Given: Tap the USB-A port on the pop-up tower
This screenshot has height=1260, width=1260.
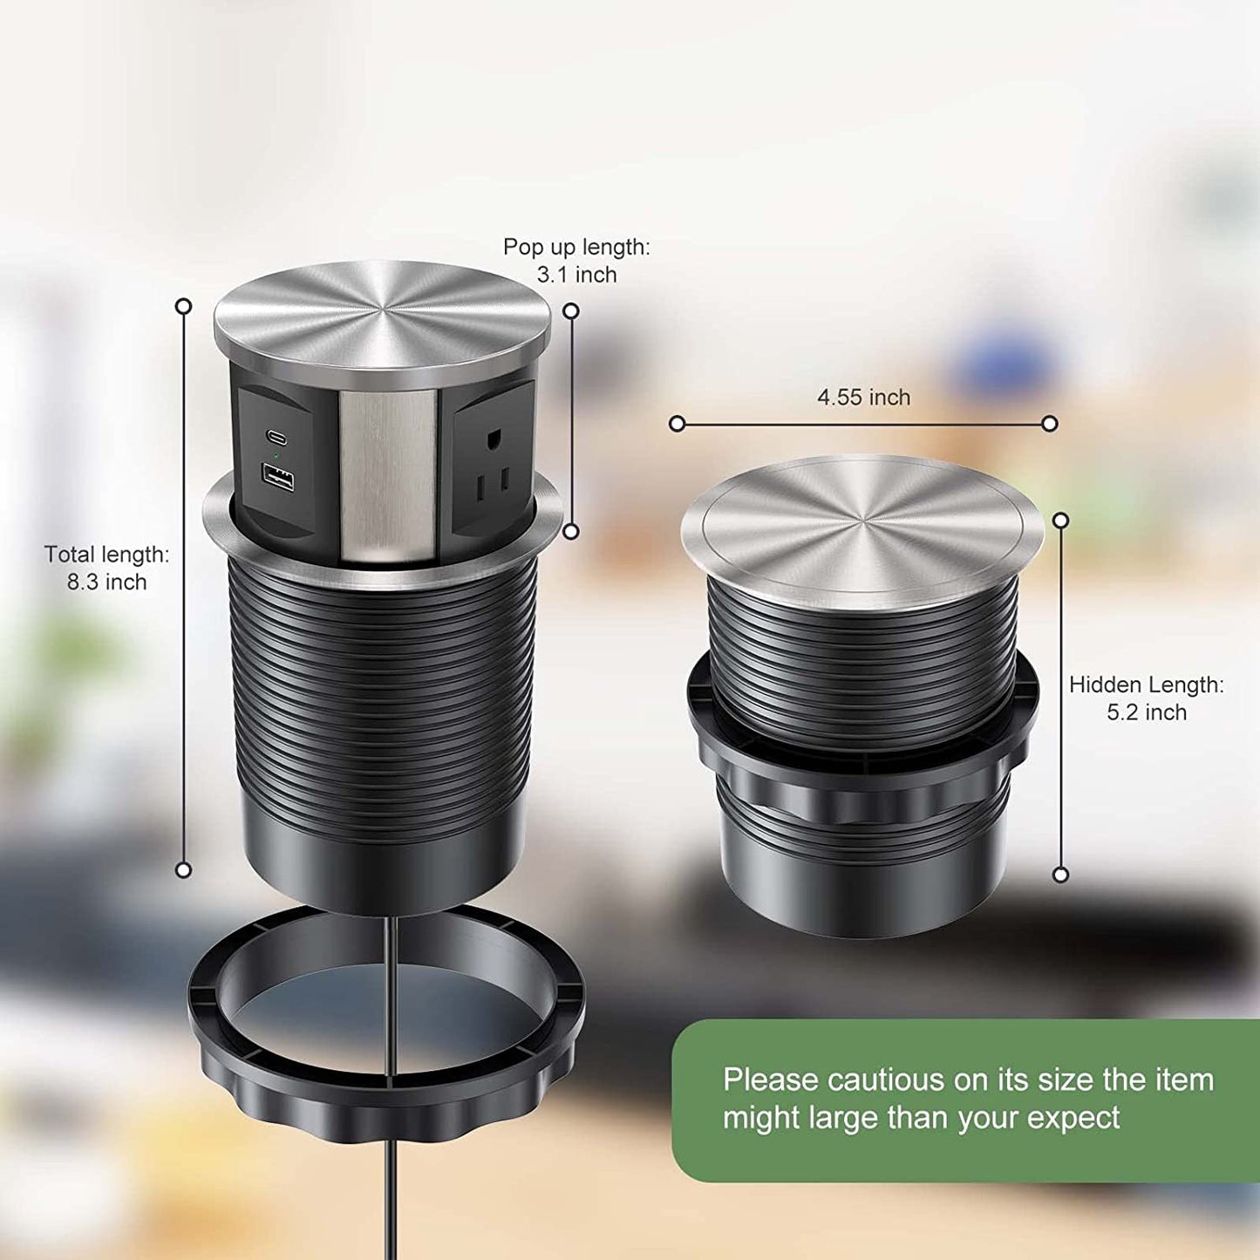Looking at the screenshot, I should (276, 479).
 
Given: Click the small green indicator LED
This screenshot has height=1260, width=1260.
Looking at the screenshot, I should (276, 456).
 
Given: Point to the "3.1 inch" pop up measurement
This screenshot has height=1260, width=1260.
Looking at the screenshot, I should (576, 276).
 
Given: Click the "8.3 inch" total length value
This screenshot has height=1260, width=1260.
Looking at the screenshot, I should (107, 582).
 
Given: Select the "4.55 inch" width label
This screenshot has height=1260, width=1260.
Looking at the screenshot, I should (863, 398).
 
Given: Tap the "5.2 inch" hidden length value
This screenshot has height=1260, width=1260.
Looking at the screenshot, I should (1147, 713).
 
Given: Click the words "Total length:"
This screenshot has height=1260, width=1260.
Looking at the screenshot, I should (107, 555).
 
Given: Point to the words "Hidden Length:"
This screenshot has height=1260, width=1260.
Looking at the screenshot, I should (1147, 685).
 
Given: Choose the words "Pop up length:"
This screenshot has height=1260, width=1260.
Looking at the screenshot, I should (576, 248).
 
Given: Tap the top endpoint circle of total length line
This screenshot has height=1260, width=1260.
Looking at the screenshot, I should (183, 306).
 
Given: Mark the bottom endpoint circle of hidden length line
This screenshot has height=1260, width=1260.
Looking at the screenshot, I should (1061, 875).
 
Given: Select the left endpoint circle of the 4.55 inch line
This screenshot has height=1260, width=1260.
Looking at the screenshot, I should (677, 424).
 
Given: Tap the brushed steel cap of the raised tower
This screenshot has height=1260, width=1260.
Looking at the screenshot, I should (382, 318).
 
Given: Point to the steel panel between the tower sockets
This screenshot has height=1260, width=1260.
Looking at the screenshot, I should (386, 475).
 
